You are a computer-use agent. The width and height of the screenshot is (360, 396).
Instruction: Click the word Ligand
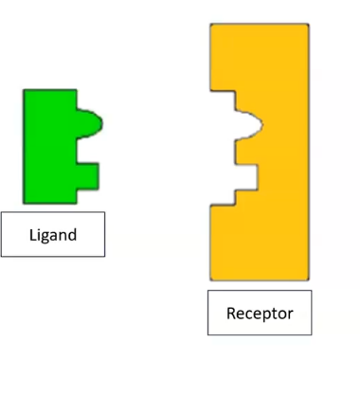[x=52, y=234]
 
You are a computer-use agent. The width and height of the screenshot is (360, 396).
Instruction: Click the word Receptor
[x=259, y=313]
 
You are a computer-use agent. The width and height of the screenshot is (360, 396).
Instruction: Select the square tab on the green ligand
[x=87, y=173]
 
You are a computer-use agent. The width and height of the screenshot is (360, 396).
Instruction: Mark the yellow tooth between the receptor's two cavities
[x=244, y=150]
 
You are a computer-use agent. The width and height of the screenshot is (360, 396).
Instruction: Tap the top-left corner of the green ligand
[x=26, y=91]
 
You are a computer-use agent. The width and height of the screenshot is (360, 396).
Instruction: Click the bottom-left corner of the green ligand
[x=26, y=201]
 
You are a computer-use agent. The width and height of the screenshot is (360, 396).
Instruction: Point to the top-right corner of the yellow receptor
[x=307, y=26]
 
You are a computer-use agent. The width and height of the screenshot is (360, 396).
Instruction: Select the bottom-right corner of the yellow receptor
[x=307, y=278]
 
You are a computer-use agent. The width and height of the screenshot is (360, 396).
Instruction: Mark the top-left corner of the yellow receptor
[x=212, y=26]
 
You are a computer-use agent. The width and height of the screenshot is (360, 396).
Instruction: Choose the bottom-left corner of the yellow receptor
[x=212, y=278]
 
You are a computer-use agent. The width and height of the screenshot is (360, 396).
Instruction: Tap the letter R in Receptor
[x=230, y=313]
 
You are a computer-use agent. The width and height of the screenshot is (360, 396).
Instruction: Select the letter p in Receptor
[x=268, y=315]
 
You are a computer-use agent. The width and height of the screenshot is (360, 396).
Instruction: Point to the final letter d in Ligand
[x=72, y=234]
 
